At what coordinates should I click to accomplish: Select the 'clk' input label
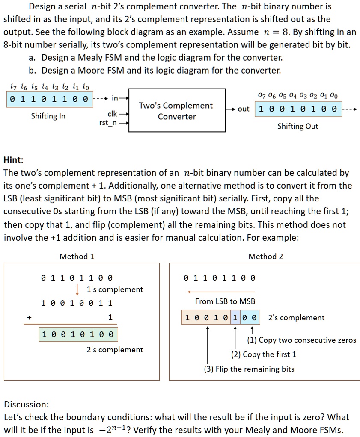[113, 114]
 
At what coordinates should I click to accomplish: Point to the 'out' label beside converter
[244, 109]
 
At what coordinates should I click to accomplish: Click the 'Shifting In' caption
[48, 116]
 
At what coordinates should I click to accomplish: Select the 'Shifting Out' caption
[298, 126]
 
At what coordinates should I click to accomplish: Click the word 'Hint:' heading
[13, 160]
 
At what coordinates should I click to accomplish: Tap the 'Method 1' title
[77, 256]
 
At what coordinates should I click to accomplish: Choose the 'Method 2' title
[266, 256]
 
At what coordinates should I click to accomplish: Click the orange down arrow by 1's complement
[77, 289]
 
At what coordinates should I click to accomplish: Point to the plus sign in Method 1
[29, 317]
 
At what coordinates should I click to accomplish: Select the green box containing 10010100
[77, 334]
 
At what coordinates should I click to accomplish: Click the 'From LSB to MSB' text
[225, 301]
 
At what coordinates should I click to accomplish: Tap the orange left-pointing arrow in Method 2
[221, 292]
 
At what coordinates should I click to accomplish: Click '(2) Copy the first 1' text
[264, 354]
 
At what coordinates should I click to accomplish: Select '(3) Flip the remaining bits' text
[249, 369]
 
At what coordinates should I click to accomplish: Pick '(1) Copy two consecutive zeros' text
[302, 340]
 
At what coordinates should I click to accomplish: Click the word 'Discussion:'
[26, 404]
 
